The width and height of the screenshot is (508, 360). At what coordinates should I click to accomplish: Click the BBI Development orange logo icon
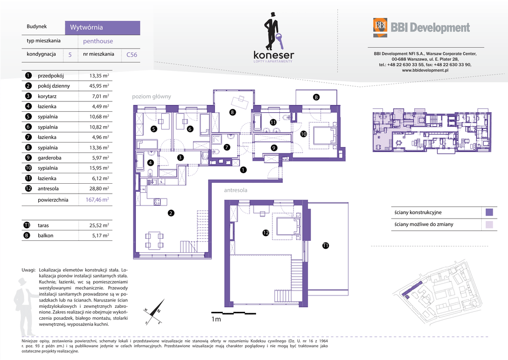coord(380,28)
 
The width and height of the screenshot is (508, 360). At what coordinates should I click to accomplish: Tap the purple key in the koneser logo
coord(279,41)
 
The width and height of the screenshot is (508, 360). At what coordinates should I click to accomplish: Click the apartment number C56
coord(131,55)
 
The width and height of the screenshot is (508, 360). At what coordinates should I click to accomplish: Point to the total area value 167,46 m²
coord(97,200)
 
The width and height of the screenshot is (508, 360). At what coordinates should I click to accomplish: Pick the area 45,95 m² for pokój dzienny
coord(99,86)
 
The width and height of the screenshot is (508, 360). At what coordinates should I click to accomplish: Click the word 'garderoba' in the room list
coord(49,158)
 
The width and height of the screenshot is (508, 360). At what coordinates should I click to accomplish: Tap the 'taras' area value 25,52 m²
coord(99,225)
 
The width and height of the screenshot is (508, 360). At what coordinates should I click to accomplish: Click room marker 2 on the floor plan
coord(171,213)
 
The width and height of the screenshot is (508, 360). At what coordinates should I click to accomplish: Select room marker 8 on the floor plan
coord(232,113)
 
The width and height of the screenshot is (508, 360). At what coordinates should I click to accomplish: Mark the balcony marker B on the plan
coord(316,97)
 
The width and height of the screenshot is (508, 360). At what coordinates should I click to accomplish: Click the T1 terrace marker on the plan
coord(325,245)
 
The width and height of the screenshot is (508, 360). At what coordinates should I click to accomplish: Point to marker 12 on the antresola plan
coord(266,232)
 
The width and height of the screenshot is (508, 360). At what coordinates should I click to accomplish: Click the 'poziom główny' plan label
coord(151,96)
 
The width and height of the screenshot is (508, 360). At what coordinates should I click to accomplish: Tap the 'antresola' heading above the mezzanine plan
coord(236,190)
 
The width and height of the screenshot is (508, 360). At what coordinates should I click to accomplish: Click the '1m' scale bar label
coord(216,319)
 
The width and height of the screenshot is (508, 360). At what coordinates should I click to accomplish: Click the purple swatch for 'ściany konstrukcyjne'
coord(489,213)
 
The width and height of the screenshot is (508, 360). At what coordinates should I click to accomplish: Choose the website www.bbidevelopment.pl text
coord(425,70)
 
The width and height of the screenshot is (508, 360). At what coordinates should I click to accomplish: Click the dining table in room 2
coord(155,240)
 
